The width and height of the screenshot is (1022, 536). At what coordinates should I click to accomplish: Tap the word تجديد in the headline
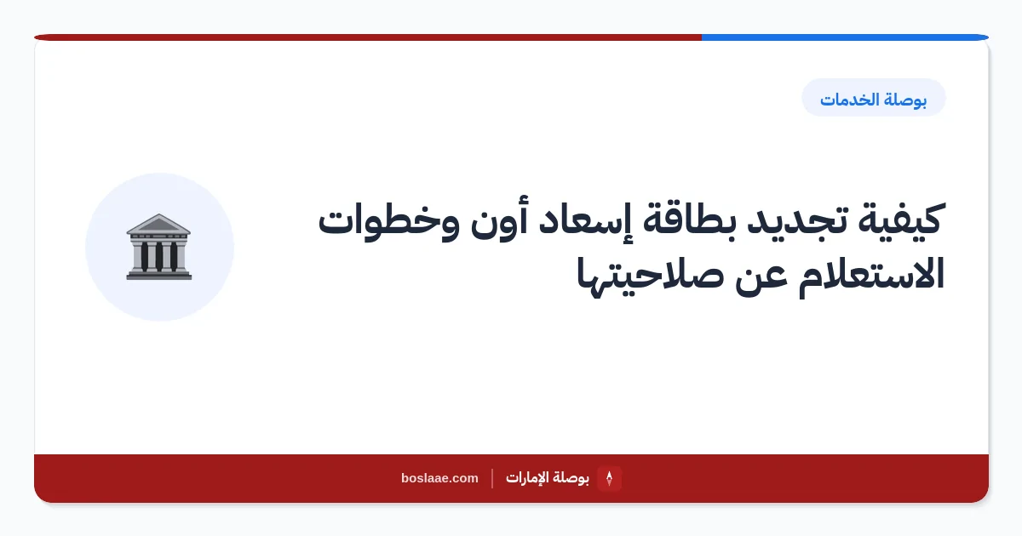point(796,220)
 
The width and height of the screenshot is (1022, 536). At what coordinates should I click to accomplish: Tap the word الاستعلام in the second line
point(870,274)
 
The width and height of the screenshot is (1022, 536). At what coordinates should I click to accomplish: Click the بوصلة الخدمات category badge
point(873,98)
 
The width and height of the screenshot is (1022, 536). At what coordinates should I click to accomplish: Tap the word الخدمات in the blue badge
point(849,100)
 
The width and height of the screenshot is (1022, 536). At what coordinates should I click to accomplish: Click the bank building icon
point(158,247)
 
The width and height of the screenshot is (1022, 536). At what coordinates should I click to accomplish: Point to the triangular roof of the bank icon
point(158,224)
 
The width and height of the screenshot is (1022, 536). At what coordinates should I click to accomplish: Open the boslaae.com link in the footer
point(439,478)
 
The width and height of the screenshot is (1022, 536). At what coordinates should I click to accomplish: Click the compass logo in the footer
point(609,478)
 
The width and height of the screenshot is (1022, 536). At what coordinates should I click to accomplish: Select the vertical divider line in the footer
point(492,478)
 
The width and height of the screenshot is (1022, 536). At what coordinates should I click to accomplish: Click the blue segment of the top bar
point(845,37)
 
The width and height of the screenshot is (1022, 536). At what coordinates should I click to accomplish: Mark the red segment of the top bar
point(368,37)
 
